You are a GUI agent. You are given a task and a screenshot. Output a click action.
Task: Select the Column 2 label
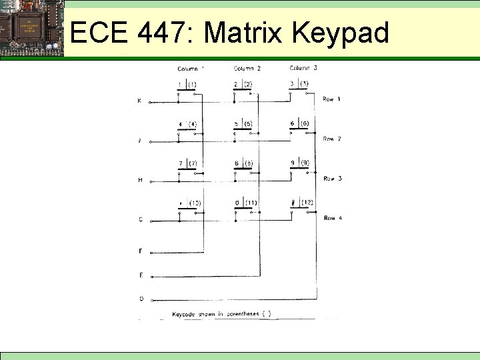[x=247, y=68]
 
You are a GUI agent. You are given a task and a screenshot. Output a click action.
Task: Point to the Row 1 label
[x=331, y=99]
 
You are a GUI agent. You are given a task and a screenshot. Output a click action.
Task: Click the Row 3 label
[x=333, y=179]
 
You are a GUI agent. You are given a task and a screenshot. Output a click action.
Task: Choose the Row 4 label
[x=333, y=218]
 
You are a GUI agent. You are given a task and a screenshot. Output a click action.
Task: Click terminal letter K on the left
[x=139, y=101]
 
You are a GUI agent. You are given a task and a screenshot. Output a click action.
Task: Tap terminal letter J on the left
[x=139, y=141]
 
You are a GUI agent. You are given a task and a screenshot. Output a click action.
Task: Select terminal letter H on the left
[x=140, y=180]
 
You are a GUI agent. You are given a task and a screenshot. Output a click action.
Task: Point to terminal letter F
[x=140, y=251]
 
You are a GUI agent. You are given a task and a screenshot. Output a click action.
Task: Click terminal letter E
[x=140, y=275]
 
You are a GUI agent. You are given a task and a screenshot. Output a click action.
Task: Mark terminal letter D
[x=140, y=299]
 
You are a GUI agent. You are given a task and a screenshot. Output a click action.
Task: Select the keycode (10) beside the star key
[x=195, y=203]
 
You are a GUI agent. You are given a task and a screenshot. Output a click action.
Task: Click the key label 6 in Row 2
[x=292, y=124]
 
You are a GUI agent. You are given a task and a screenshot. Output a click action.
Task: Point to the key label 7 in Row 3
[x=180, y=163]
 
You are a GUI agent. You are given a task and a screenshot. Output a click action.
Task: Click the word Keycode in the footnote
[x=183, y=313]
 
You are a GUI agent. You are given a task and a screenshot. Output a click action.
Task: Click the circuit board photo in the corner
[x=31, y=29]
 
